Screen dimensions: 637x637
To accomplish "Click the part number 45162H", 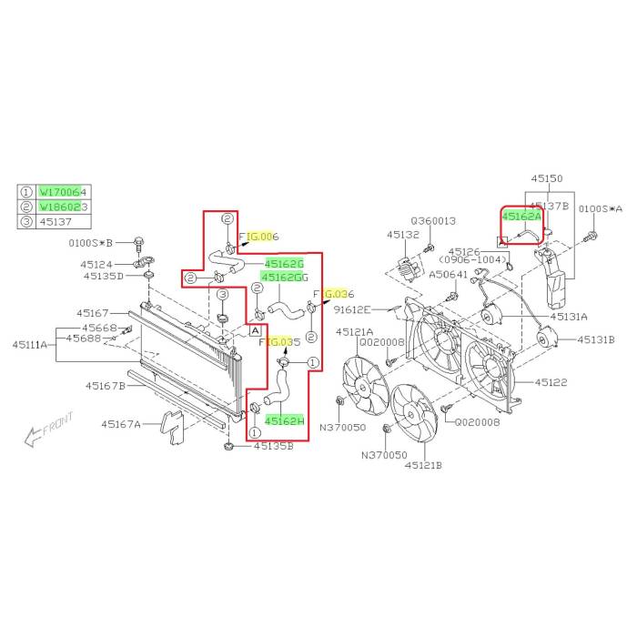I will coord(284,421).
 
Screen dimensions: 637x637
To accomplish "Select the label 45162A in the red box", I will coord(521,217).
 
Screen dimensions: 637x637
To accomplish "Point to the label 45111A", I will coord(33,344).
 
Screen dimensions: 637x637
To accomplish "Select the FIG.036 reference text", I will coord(332,294).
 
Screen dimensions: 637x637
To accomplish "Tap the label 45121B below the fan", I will coord(423,465).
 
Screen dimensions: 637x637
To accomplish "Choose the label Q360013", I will coord(432,220).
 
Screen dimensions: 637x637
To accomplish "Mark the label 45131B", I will coord(596,339).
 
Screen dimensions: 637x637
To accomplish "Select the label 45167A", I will coord(121,423).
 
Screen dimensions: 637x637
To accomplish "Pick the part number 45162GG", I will coord(285,276).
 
